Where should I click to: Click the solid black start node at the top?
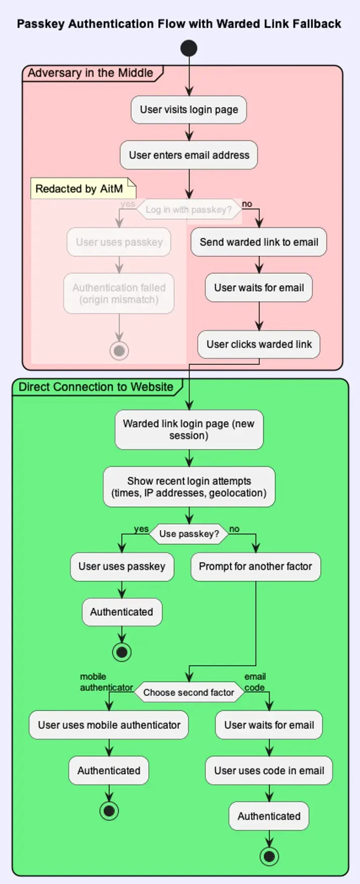click(189, 48)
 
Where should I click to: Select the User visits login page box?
click(189, 110)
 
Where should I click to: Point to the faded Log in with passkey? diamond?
click(189, 210)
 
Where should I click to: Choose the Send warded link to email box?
click(259, 242)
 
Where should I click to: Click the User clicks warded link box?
click(259, 345)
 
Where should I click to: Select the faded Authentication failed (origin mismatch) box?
click(119, 294)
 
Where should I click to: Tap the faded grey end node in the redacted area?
click(119, 350)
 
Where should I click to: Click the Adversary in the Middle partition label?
click(90, 73)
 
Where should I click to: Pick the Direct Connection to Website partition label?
click(96, 387)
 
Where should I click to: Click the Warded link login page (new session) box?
click(189, 430)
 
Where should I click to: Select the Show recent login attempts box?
click(189, 487)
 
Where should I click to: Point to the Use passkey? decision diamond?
click(189, 534)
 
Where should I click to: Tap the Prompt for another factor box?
click(255, 566)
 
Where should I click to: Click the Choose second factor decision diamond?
click(189, 692)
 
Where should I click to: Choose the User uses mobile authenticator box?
click(109, 725)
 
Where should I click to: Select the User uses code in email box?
click(269, 771)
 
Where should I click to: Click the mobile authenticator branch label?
click(106, 682)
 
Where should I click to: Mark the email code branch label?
click(255, 682)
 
